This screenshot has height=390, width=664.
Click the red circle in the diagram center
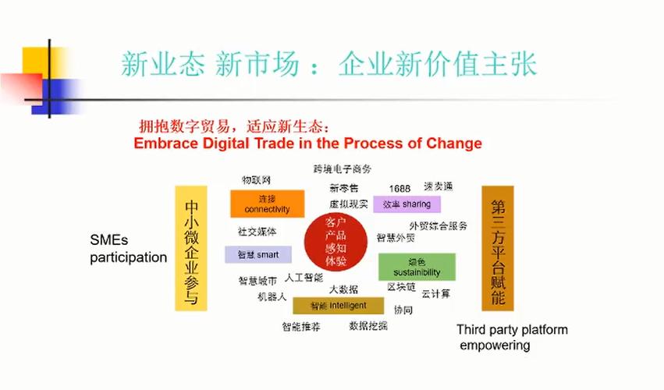click(x=336, y=242)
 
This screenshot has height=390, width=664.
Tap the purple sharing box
click(x=407, y=204)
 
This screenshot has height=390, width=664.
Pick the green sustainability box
click(x=417, y=267)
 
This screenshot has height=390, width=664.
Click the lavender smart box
click(x=257, y=254)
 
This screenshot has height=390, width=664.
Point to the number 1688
click(x=399, y=189)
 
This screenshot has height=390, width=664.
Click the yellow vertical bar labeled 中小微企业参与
click(x=191, y=248)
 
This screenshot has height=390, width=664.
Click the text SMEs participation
click(x=128, y=250)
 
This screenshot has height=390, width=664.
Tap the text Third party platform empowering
click(x=512, y=337)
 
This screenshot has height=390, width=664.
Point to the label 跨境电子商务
click(x=343, y=168)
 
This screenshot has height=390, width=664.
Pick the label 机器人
click(x=272, y=297)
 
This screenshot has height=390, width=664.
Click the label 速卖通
click(x=438, y=187)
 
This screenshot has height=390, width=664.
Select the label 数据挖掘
click(x=368, y=325)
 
